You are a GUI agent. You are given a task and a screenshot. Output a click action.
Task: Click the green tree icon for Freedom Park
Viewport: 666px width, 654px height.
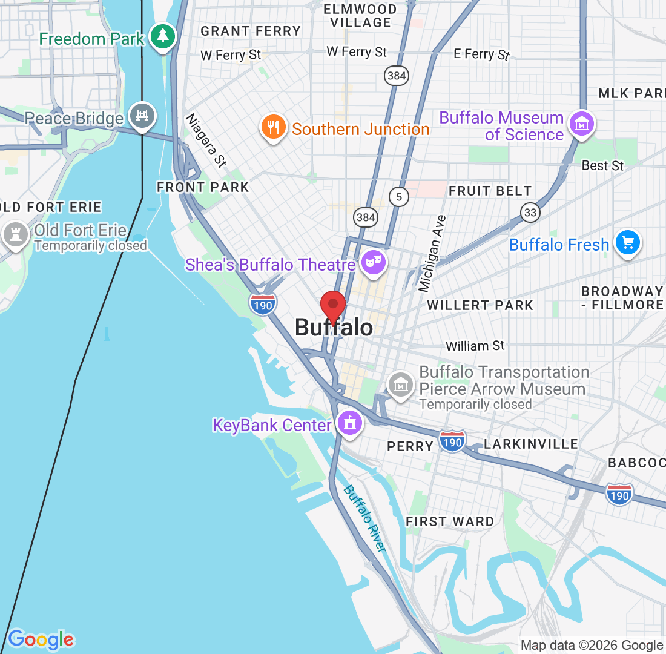tap(162, 36)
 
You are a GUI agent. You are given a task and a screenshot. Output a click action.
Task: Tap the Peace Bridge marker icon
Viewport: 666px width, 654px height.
tap(142, 115)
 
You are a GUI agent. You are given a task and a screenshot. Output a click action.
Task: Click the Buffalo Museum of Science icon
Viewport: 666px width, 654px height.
tap(581, 124)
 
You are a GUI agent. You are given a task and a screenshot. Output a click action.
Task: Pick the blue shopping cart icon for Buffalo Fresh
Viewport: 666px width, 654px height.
tap(628, 243)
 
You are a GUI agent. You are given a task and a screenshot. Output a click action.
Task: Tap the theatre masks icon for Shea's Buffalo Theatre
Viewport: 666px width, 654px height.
tap(374, 263)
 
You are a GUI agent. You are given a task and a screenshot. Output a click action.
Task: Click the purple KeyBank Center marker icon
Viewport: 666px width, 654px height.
tap(349, 423)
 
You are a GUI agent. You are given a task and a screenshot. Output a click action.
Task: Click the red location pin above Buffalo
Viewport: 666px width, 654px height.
tap(332, 305)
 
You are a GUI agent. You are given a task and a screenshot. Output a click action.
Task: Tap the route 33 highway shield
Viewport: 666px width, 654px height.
tap(530, 211)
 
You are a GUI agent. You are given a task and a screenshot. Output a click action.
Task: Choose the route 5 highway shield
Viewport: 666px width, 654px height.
tap(398, 196)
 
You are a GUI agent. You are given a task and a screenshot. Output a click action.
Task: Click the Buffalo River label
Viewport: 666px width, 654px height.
tap(364, 518)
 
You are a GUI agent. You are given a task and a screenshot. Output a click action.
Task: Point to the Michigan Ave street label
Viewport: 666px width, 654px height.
tap(434, 253)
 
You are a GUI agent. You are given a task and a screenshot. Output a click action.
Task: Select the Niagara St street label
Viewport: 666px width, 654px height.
tap(206, 140)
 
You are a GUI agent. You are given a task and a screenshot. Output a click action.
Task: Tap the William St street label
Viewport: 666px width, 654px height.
tap(475, 346)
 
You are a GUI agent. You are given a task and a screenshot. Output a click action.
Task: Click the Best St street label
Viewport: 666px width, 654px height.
tap(602, 165)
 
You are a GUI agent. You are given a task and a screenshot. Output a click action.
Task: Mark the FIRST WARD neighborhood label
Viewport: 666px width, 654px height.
tap(450, 521)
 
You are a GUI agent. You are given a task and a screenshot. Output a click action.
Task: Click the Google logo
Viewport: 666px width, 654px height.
tap(41, 639)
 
